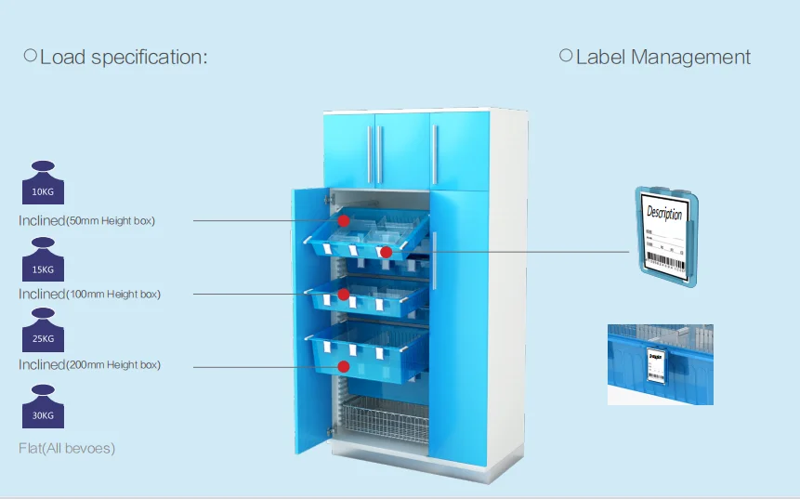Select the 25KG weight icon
coord(43,332)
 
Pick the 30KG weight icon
coord(43,407)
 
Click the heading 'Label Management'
coord(662,57)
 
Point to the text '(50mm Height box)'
coord(111,221)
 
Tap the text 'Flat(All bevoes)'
coord(67,449)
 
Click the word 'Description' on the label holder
coord(664,214)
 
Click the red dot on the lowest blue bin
coord(344,367)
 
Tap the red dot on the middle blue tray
coord(343,295)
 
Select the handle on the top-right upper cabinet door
coord(435,152)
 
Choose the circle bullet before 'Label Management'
coord(565,56)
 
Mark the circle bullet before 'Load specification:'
coord(30,56)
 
